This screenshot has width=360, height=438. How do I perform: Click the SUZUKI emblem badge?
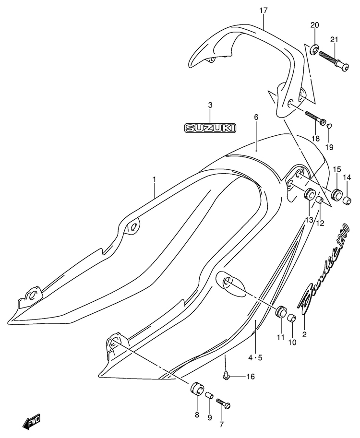tap(210, 128)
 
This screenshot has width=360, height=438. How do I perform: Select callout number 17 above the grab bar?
tap(264, 11)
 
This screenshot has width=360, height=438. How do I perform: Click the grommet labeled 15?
tap(337, 194)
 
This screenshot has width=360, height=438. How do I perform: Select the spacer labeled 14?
tap(347, 200)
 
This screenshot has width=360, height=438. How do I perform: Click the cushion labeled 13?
tap(310, 194)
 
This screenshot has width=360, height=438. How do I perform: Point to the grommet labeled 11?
tap(281, 311)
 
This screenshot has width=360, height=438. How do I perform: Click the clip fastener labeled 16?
tap(225, 376)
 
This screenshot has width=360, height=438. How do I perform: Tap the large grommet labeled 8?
tap(197, 389)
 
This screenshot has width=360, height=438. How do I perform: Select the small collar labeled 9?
tap(210, 395)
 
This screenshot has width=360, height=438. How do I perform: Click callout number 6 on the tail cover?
tap(256, 117)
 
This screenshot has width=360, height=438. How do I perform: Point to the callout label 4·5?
tap(256, 357)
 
